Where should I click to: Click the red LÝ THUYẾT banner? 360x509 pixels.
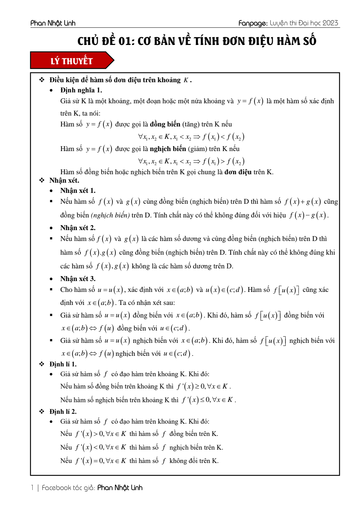(72, 61)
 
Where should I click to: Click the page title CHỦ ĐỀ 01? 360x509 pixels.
(197, 41)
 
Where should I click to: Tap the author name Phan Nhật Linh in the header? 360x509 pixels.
(53, 23)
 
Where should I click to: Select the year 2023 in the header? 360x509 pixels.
(330, 23)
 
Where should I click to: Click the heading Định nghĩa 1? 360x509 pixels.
(81, 90)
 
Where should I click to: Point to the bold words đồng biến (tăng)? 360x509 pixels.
(165, 124)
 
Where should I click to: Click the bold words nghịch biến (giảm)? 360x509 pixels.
(168, 149)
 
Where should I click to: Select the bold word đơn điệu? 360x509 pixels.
(238, 172)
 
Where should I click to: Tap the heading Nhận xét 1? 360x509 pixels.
(78, 191)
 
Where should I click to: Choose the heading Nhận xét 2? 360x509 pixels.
(78, 228)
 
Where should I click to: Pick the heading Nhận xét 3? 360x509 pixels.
(78, 279)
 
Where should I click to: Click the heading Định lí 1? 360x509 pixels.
(63, 364)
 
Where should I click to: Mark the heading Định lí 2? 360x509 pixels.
(63, 412)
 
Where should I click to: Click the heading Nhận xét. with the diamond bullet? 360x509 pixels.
(64, 181)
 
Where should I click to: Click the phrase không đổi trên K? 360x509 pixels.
(194, 461)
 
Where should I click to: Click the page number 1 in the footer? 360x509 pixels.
(32, 488)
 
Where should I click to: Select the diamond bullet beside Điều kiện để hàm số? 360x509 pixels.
(42, 80)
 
